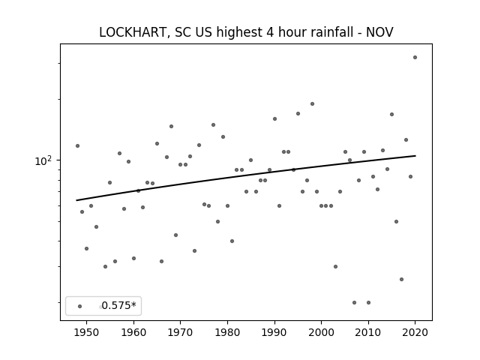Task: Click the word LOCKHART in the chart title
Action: pyautogui.click(x=133, y=32)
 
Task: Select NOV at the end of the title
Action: pyautogui.click(x=379, y=32)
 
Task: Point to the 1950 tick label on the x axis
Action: pyautogui.click(x=87, y=332)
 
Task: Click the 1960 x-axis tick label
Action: pyautogui.click(x=133, y=332)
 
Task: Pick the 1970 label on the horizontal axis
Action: pyautogui.click(x=181, y=332)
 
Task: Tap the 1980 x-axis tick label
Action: pyautogui.click(x=227, y=332)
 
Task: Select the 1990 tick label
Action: pyautogui.click(x=274, y=332)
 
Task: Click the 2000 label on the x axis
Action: pyautogui.click(x=322, y=332)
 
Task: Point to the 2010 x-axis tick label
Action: pyautogui.click(x=368, y=332)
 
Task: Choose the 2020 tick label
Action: pyautogui.click(x=415, y=332)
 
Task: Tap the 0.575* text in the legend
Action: pyautogui.click(x=118, y=305)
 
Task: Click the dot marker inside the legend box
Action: pyautogui.click(x=80, y=306)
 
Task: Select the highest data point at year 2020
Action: pyautogui.click(x=415, y=57)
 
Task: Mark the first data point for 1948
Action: pyautogui.click(x=77, y=145)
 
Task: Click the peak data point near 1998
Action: pyautogui.click(x=312, y=103)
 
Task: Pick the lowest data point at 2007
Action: pyautogui.click(x=354, y=302)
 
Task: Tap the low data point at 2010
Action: pyautogui.click(x=368, y=302)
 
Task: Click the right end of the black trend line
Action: pyautogui.click(x=415, y=156)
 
